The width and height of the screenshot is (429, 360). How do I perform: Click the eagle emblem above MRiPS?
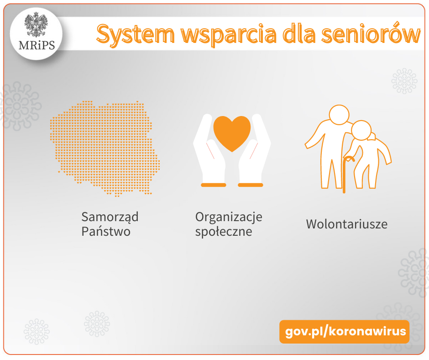pyautogui.click(x=36, y=25)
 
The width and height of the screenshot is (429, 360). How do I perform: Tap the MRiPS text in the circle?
pyautogui.click(x=37, y=45)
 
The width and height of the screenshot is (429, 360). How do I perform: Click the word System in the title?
pyautogui.click(x=136, y=34)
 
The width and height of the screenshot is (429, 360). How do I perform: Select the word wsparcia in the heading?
pyautogui.click(x=229, y=35)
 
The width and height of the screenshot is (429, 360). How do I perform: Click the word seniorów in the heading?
pyautogui.click(x=371, y=34)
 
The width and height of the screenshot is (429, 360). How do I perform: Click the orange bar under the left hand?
pyautogui.click(x=214, y=185)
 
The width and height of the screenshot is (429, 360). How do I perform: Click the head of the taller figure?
pyautogui.click(x=339, y=115)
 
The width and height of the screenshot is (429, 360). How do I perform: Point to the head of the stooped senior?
pyautogui.click(x=361, y=130)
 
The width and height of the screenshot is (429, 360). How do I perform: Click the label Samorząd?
pyautogui.click(x=110, y=217)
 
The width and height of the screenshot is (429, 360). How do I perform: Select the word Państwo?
pyautogui.click(x=106, y=232)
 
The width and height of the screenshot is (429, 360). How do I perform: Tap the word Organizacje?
pyautogui.click(x=229, y=217)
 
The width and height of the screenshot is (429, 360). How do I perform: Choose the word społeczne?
pyautogui.click(x=224, y=232)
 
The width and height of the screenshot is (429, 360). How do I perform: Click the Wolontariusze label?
pyautogui.click(x=347, y=224)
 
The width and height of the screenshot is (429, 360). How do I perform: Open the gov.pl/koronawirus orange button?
pyautogui.click(x=345, y=332)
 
